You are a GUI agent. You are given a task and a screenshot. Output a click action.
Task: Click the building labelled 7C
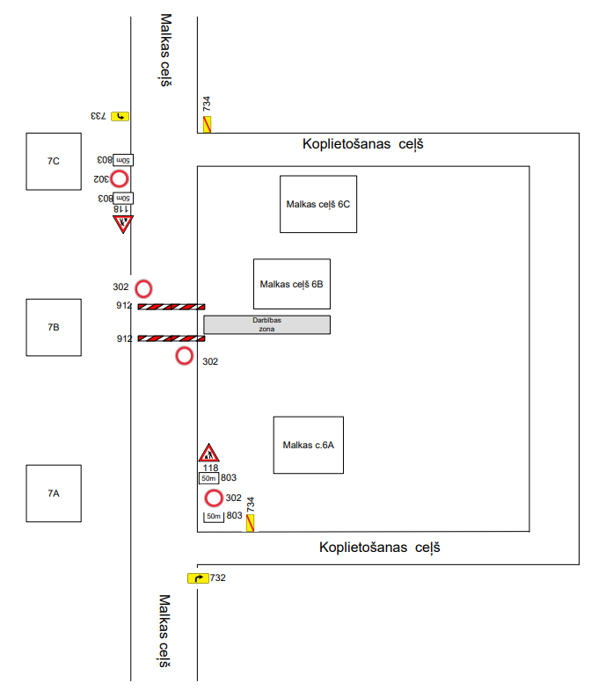coord(54,161)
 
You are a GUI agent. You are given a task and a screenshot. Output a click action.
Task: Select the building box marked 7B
coord(54,327)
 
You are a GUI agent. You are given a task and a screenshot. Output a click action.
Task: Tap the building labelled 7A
coord(54,493)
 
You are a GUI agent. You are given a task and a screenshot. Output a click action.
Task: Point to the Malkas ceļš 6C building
coord(318,204)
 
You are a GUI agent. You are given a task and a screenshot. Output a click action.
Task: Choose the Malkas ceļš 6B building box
coord(292,284)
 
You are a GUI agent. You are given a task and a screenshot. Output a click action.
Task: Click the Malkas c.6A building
coord(308,445)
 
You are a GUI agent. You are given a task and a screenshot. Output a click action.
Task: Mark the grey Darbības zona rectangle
coord(267,324)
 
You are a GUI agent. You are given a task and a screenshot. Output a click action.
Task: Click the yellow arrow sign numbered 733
coord(119,116)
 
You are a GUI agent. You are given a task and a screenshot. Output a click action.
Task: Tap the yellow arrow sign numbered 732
coord(198,577)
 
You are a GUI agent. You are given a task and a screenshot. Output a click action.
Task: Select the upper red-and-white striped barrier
coord(171,307)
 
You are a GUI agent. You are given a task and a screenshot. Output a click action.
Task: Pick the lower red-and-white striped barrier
coord(171,338)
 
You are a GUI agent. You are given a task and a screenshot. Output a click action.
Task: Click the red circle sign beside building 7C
coord(119,178)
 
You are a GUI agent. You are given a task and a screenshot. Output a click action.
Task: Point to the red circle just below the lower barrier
coord(184,356)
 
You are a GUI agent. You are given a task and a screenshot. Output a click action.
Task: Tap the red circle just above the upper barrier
coord(143,288)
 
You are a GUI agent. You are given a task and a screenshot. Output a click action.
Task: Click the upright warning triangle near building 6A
coord(208,454)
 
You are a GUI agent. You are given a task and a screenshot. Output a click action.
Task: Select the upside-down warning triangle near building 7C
coord(122,223)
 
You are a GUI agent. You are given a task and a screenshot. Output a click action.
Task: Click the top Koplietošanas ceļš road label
coord(362,144)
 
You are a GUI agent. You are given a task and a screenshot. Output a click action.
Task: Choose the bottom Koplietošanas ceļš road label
coord(379,548)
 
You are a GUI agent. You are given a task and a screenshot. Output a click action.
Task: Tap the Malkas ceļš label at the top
coord(164,50)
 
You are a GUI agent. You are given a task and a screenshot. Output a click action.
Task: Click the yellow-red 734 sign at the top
coord(208,124)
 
